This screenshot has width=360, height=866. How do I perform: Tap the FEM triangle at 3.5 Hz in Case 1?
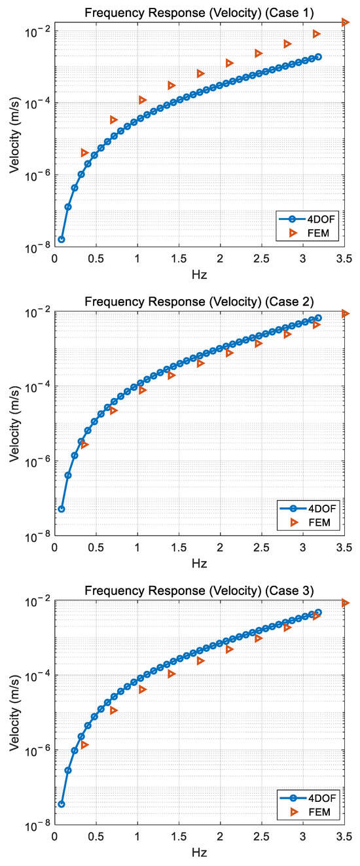[x=346, y=23]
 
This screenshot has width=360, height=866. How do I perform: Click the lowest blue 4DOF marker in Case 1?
[x=62, y=240]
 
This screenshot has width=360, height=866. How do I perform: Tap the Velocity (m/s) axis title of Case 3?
[x=14, y=712]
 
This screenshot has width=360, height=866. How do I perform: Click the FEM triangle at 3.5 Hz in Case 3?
[x=346, y=603]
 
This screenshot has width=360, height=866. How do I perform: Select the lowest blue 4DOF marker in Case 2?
[x=62, y=509]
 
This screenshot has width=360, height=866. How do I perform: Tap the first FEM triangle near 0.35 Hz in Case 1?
[x=84, y=153]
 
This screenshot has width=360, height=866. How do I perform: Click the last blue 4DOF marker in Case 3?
[x=318, y=613]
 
